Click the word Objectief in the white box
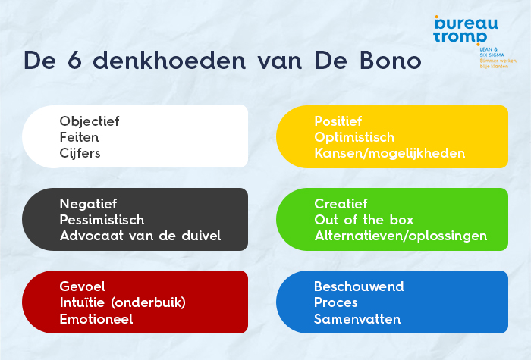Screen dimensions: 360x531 90,121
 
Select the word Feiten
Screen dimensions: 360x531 80,137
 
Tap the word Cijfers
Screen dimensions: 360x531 80,153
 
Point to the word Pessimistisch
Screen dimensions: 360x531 102,220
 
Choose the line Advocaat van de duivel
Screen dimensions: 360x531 140,236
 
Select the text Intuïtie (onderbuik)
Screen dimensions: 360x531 123,302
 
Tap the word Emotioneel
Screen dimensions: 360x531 96,319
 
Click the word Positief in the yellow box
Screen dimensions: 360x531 338,121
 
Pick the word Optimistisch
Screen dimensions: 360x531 354,137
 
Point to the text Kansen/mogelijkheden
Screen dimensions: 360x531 389,153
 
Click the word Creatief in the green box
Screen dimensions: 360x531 341,204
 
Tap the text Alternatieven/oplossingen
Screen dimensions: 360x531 401,236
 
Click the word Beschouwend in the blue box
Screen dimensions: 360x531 359,286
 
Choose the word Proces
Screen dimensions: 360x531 336,302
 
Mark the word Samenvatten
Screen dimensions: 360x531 357,319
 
